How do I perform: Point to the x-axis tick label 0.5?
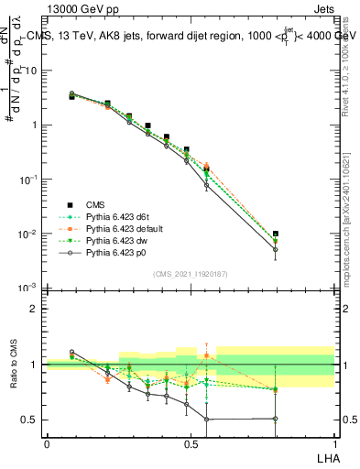click(x=191, y=442)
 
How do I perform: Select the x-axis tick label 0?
click(x=47, y=442)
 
